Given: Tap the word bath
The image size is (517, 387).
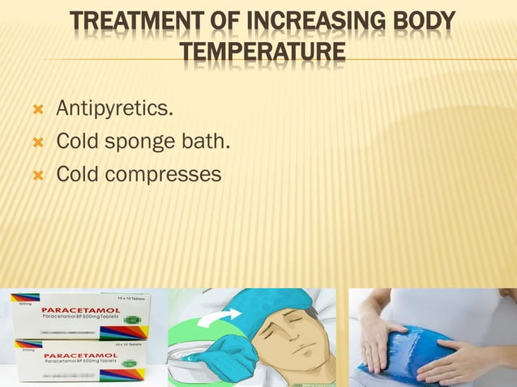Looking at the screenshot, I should (210, 142).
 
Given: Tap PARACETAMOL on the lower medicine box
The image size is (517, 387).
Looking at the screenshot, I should (79, 355).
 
